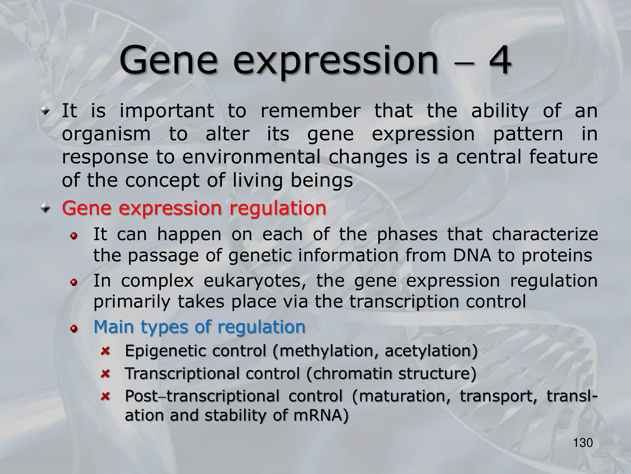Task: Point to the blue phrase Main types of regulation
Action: pyautogui.click(x=199, y=327)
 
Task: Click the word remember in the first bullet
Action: pyautogui.click(x=310, y=111)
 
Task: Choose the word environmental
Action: pyautogui.click(x=251, y=157)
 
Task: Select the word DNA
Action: pyautogui.click(x=472, y=255)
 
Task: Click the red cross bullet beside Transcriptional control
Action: pyautogui.click(x=105, y=374)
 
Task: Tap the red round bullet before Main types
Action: pyautogui.click(x=74, y=329)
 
